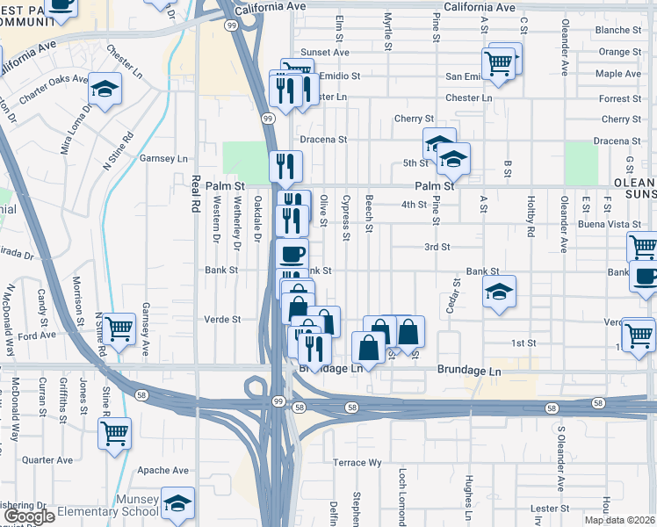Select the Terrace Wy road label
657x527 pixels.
tap(357, 462)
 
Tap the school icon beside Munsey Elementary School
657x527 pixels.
tap(177, 504)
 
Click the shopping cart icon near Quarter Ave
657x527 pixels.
tap(115, 433)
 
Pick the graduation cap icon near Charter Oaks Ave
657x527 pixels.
tap(105, 89)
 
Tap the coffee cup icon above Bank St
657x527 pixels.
tap(292, 254)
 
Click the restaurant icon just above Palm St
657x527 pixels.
tap(285, 165)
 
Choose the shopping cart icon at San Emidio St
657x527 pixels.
tap(498, 63)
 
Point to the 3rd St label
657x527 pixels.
tap(437, 248)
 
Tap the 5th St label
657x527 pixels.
tap(415, 162)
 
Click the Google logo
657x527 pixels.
tap(30, 516)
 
